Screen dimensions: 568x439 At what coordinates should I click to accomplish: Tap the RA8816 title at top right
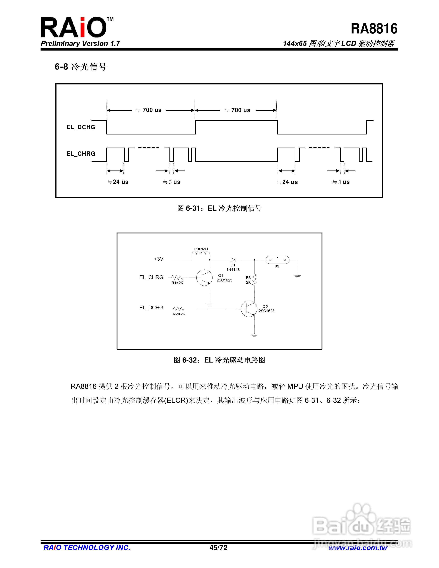click(x=374, y=29)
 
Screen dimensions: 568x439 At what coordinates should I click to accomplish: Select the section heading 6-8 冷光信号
click(x=81, y=67)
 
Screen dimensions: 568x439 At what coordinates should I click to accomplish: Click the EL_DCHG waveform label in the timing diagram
click(x=81, y=127)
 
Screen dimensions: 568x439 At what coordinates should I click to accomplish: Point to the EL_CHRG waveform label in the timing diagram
click(x=81, y=154)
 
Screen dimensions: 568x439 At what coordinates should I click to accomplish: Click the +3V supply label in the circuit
click(x=159, y=259)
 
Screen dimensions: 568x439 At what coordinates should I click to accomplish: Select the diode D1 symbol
click(x=233, y=260)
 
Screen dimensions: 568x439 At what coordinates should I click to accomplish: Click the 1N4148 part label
click(x=233, y=270)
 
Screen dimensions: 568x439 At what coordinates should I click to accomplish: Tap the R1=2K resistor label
click(x=177, y=283)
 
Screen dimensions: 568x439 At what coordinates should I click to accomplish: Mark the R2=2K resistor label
click(x=179, y=314)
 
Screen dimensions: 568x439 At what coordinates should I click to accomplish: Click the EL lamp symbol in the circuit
click(x=277, y=260)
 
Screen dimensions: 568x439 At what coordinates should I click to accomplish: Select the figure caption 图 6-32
click(x=219, y=360)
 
